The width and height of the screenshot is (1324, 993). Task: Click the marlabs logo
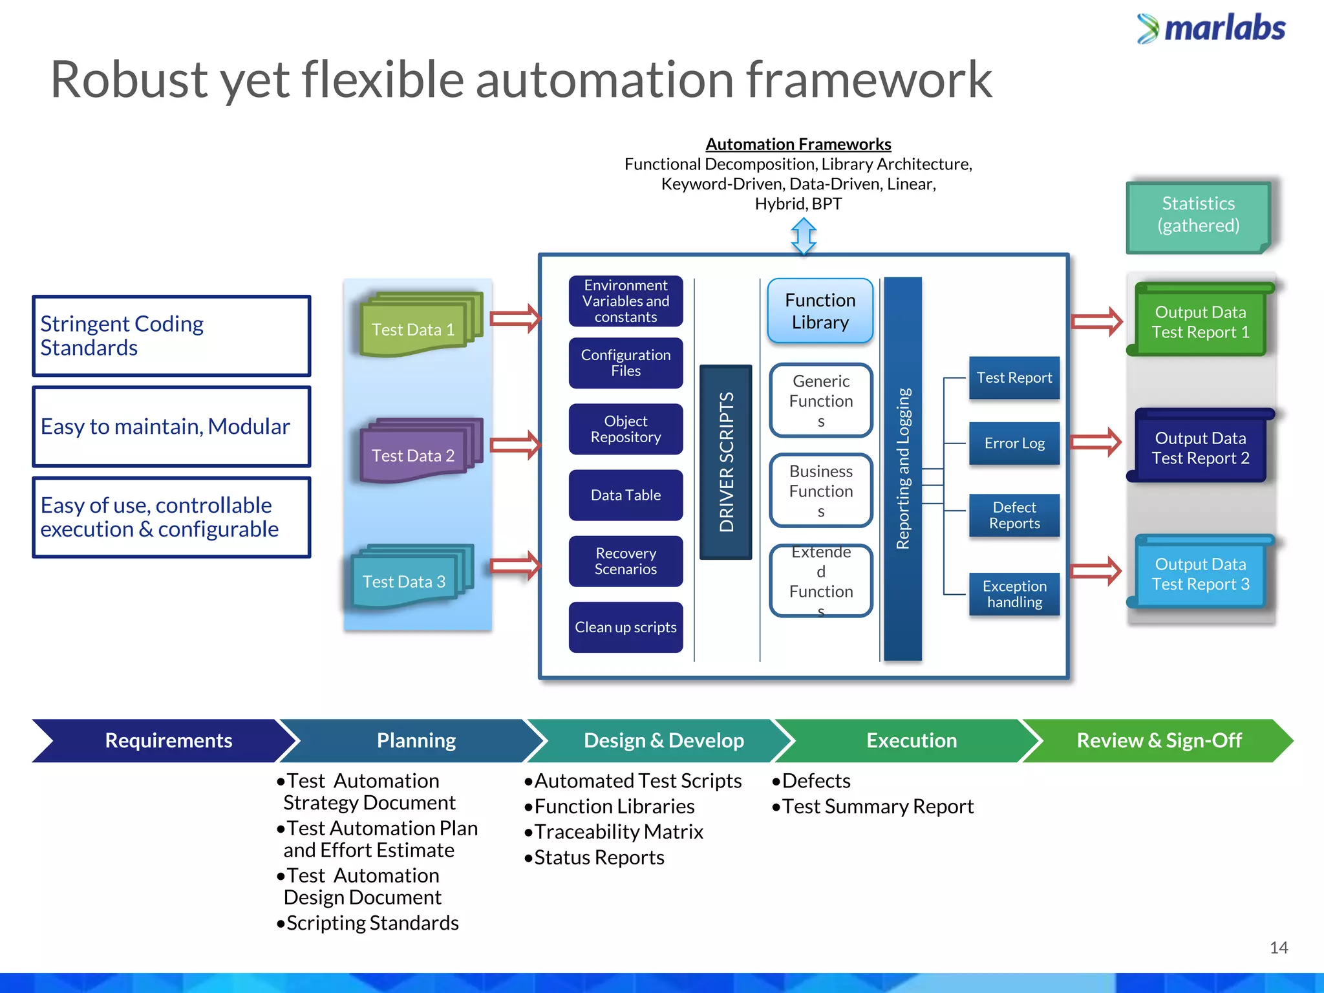[x=1211, y=28]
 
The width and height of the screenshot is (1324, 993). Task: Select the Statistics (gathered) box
[x=1198, y=215]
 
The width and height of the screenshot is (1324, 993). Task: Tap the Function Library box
[x=820, y=311]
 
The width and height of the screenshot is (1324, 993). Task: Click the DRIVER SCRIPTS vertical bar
[x=725, y=462]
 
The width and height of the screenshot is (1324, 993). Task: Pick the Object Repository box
[x=625, y=429]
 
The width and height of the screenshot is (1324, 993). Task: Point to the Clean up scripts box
[x=625, y=627]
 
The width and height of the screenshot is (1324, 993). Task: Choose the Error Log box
[x=1014, y=443]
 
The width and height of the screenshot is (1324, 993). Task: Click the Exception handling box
[x=1014, y=594]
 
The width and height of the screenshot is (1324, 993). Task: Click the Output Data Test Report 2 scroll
[x=1200, y=448]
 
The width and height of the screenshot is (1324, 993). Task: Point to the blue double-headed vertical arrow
[x=804, y=236]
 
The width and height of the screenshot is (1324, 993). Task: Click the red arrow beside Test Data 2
[x=515, y=445]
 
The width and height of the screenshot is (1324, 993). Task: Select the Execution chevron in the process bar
[x=911, y=740]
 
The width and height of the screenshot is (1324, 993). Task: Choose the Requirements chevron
[x=168, y=740]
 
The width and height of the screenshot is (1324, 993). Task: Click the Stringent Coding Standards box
[x=171, y=336]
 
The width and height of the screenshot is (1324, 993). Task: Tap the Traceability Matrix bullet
[x=618, y=832]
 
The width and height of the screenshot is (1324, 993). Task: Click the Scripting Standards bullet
[x=372, y=923]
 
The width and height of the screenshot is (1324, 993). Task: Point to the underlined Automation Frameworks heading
[x=798, y=144]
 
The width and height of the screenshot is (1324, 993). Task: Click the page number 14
[x=1278, y=948]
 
